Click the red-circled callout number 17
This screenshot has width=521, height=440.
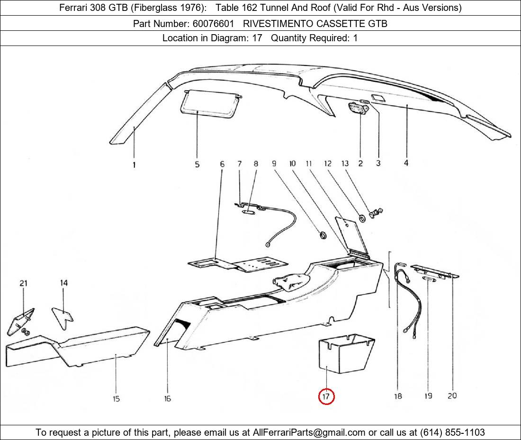[x=326, y=396]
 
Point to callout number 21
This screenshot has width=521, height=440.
[x=23, y=283]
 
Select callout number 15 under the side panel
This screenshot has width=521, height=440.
[x=116, y=399]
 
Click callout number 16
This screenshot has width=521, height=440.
[x=167, y=399]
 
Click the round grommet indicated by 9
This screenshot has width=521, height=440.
[x=322, y=235]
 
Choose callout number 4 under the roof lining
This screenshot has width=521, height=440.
[x=406, y=163]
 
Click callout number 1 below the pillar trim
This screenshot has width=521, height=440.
[x=134, y=165]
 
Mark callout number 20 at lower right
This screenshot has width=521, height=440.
[x=452, y=395]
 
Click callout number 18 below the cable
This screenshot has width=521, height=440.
[x=398, y=396]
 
